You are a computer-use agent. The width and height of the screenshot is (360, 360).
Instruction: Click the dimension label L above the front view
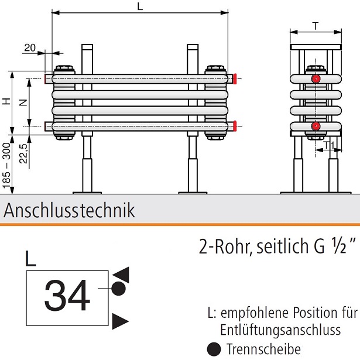click(x=139, y=6)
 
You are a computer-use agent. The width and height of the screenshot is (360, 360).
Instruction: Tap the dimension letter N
click(x=23, y=102)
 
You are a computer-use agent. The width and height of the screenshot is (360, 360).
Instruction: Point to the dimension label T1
click(x=328, y=144)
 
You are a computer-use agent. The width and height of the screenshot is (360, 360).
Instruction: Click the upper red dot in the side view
click(x=316, y=78)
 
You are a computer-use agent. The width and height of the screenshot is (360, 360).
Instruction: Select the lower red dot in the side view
click(x=316, y=126)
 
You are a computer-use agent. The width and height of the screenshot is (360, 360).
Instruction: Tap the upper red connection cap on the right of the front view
click(x=234, y=77)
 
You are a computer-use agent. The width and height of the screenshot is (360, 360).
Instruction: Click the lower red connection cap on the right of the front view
click(x=234, y=125)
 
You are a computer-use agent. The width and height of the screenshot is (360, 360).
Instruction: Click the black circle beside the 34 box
click(x=119, y=288)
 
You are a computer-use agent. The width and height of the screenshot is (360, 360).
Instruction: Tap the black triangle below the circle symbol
click(x=120, y=320)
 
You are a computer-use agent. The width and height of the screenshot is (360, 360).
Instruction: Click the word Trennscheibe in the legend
click(x=255, y=349)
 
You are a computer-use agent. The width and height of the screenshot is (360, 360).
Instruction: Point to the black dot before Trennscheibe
click(x=215, y=349)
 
